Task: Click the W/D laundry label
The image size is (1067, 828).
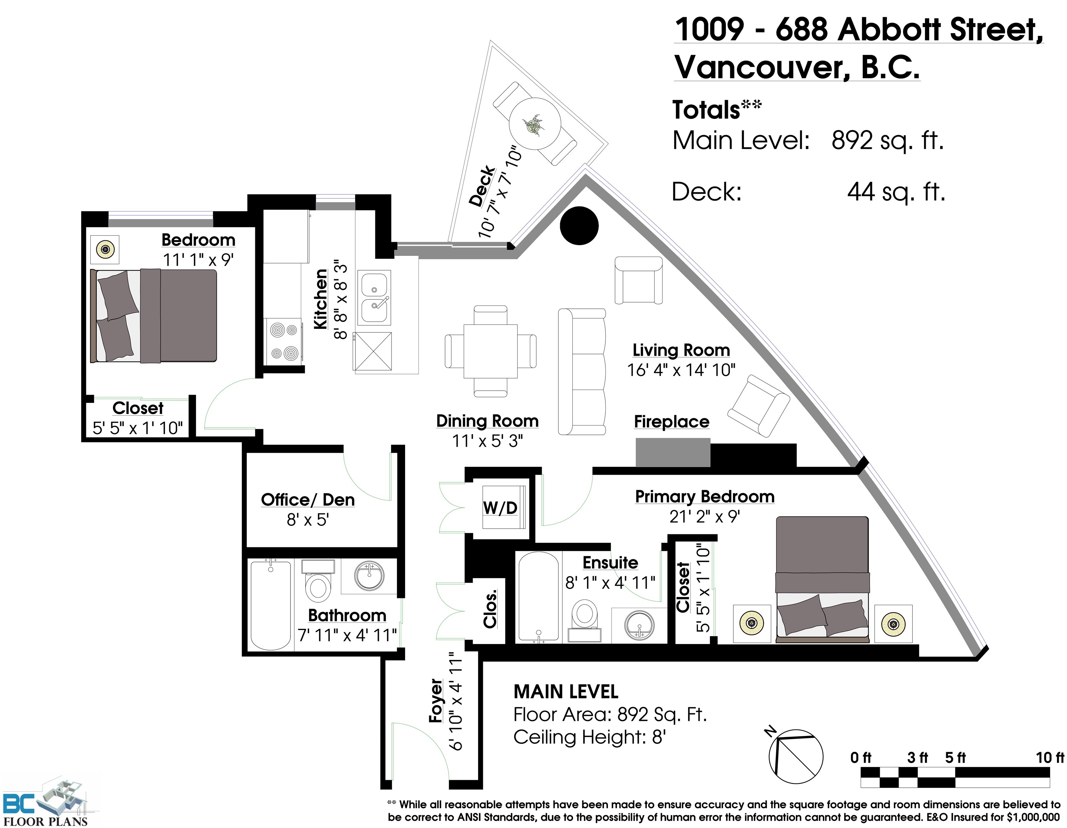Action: pos(500,508)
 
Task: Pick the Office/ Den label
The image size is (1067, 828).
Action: pos(308,500)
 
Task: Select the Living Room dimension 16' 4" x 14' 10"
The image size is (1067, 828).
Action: pos(681,370)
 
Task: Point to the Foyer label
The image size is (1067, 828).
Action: pos(436,700)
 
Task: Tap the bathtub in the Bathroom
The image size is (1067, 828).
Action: pos(271,605)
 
